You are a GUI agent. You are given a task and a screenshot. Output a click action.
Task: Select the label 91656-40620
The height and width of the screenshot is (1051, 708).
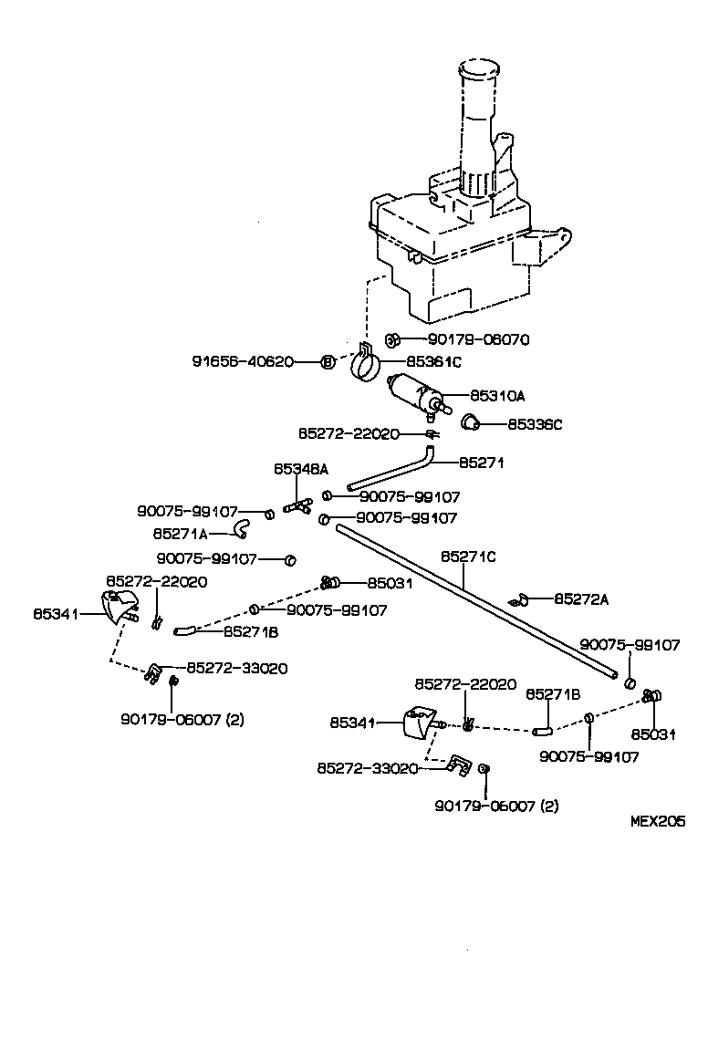click(x=243, y=361)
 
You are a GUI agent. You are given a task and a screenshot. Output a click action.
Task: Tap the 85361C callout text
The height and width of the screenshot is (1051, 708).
click(x=433, y=362)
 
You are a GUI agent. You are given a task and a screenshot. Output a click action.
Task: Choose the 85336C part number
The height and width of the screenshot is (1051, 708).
click(x=536, y=424)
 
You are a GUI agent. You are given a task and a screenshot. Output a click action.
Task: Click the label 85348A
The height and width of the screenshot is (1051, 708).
click(x=300, y=469)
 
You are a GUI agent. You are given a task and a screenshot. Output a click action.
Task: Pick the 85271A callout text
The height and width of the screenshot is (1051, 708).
click(x=180, y=533)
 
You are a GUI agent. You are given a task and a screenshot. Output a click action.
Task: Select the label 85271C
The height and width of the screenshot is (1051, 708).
click(x=468, y=556)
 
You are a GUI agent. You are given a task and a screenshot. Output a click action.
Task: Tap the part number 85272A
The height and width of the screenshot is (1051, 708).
click(x=581, y=599)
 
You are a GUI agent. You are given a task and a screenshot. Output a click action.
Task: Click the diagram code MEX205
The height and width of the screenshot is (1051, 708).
click(x=658, y=821)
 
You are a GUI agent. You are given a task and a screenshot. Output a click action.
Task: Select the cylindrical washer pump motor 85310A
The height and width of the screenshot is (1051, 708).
click(x=415, y=394)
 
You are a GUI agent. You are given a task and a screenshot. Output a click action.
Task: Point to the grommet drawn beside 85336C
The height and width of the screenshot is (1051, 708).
click(x=471, y=421)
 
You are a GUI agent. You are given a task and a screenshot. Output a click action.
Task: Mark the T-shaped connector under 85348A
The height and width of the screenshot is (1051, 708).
click(x=297, y=505)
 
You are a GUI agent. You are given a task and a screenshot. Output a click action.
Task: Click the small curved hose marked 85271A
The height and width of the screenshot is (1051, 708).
click(x=240, y=526)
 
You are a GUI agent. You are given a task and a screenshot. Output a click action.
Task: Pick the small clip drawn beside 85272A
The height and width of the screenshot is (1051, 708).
click(x=521, y=599)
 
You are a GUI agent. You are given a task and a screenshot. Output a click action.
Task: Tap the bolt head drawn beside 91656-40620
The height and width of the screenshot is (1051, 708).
click(x=326, y=362)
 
